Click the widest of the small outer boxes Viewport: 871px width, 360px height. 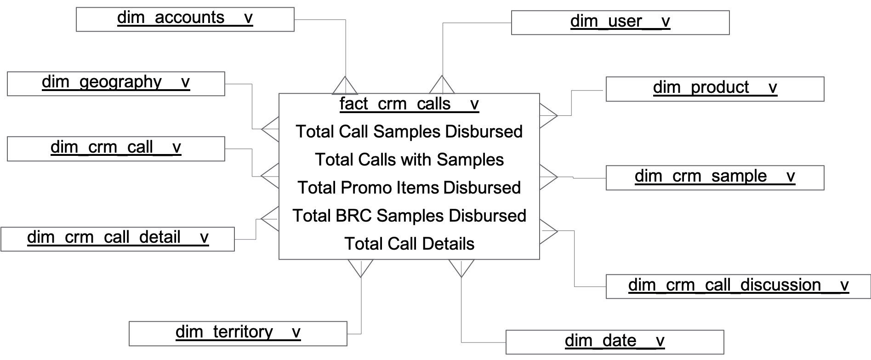738,286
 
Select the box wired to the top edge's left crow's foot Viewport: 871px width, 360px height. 185,19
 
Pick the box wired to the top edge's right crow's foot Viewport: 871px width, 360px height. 620,23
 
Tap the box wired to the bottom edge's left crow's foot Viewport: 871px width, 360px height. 238,333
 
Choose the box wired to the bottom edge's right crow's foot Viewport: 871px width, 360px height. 615,342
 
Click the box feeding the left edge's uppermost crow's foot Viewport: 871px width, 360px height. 116,84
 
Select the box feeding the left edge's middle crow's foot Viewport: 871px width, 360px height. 116,149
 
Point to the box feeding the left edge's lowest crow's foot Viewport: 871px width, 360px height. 118,239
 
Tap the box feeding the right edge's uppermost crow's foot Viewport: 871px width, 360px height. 715,89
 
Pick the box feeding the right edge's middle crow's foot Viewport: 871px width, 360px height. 715,177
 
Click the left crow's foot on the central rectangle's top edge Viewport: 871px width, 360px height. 345,86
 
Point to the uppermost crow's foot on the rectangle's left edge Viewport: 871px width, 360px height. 271,129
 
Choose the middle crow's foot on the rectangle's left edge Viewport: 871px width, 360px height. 271,176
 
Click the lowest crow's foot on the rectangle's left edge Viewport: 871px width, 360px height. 271,219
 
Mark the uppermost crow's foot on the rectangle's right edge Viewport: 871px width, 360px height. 548,116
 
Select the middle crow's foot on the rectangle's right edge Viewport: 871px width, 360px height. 548,177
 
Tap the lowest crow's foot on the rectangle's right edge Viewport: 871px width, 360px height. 548,231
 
